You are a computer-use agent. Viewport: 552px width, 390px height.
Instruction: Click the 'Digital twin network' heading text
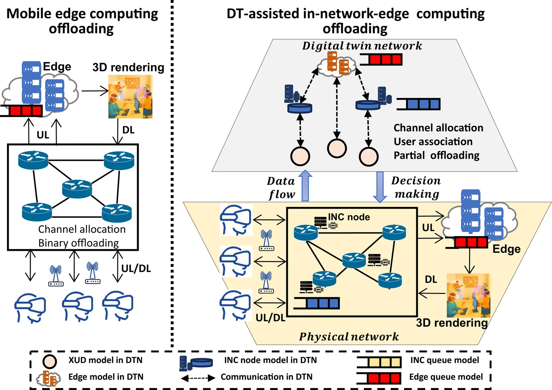point(362,46)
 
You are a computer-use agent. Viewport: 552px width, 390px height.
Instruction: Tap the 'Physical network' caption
point(349,337)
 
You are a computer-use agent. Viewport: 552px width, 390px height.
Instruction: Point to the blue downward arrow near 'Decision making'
point(380,187)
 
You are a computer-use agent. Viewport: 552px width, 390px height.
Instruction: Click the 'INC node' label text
point(349,217)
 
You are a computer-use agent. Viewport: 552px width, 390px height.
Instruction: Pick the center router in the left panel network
point(77,189)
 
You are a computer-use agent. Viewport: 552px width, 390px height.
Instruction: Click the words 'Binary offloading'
point(78,243)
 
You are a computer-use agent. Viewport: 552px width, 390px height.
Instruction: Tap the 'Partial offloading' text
point(436,155)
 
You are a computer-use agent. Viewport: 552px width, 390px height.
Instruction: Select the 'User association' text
point(433,141)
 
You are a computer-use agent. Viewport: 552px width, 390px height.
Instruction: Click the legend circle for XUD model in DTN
point(49,361)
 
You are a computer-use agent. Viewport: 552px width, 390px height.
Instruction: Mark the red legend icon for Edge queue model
point(379,378)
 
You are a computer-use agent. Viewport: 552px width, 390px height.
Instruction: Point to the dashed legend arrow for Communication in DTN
point(198,378)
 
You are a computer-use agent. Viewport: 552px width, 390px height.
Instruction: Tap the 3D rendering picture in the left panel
point(130,97)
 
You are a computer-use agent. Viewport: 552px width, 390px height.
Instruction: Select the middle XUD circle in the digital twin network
point(337,148)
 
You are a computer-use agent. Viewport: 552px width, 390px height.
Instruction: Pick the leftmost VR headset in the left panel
point(30,307)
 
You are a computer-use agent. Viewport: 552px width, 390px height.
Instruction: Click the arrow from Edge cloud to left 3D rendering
point(95,91)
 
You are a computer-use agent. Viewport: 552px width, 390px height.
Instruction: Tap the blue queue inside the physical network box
point(317,303)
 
